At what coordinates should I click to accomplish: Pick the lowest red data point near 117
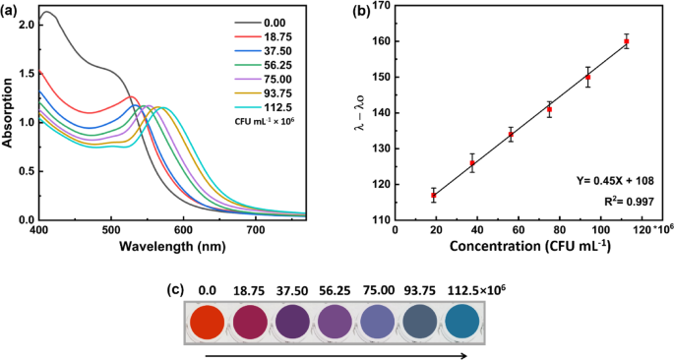pos(434,196)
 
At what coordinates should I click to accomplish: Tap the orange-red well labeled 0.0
pos(207,323)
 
